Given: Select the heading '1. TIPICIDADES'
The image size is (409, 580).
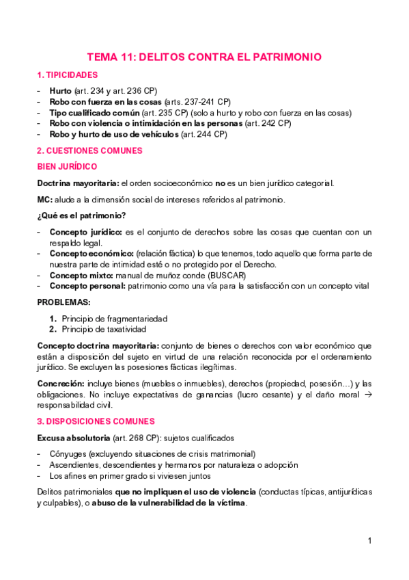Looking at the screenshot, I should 67,75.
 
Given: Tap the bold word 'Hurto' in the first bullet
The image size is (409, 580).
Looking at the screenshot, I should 60,90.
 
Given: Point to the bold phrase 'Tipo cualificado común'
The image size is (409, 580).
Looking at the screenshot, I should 95,112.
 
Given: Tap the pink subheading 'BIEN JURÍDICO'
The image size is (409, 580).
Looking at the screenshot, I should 66,167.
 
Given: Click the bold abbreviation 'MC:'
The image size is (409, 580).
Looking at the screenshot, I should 44,200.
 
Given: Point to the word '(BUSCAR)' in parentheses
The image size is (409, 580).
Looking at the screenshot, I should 229,275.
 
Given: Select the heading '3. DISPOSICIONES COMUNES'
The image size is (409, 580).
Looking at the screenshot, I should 96,421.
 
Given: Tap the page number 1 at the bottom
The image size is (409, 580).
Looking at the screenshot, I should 369,540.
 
